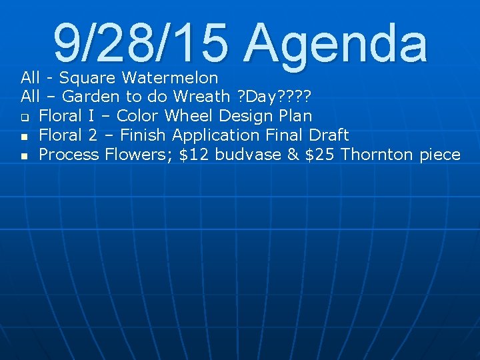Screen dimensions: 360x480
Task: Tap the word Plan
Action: (295, 116)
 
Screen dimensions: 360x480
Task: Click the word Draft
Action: (329, 135)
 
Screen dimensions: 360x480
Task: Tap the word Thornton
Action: (377, 155)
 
